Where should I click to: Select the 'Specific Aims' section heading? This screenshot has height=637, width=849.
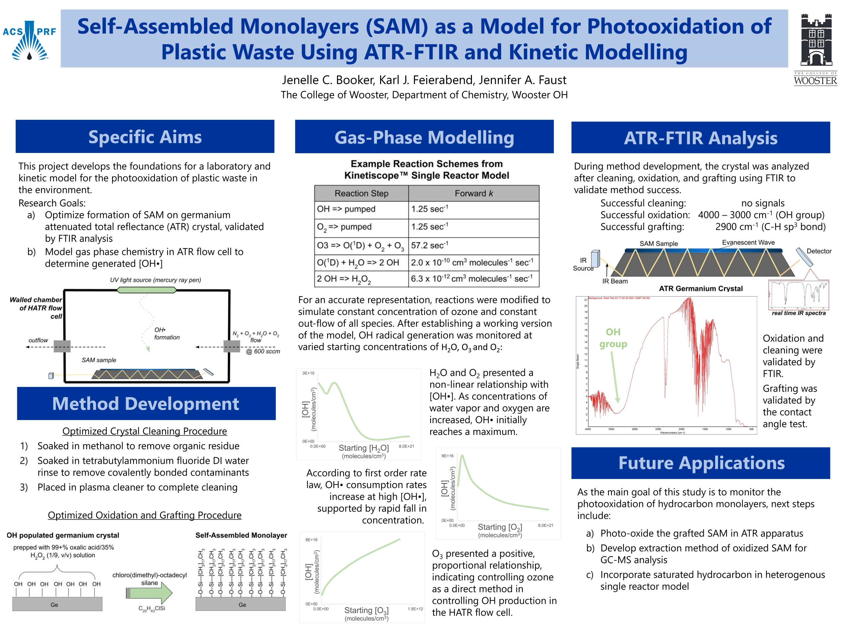click(x=145, y=137)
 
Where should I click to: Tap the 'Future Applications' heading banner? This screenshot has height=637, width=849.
click(x=701, y=463)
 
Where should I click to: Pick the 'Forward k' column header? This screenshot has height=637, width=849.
click(x=473, y=193)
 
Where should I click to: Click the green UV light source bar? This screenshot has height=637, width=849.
click(x=147, y=290)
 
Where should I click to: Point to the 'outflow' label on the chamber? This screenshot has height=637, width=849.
click(x=38, y=340)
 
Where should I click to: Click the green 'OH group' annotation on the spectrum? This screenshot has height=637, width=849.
click(x=613, y=338)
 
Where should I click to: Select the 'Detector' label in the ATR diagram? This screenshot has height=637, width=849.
click(x=819, y=251)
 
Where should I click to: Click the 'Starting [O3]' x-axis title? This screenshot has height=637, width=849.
click(x=366, y=610)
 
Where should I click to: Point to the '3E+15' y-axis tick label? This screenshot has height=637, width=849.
click(x=308, y=373)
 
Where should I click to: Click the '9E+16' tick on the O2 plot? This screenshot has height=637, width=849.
click(x=447, y=456)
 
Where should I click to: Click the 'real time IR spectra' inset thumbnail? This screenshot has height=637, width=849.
click(x=798, y=295)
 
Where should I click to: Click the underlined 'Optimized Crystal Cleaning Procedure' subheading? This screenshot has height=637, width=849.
click(x=145, y=431)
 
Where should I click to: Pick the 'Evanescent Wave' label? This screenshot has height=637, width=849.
click(x=748, y=243)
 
